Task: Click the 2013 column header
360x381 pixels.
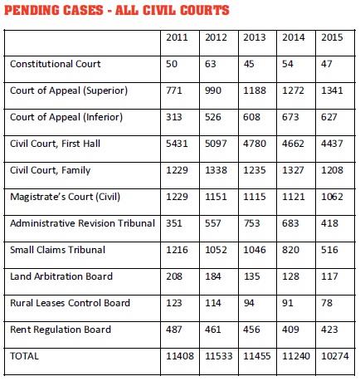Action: [255, 37]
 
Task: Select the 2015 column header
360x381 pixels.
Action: [332, 37]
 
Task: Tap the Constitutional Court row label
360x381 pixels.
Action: [56, 64]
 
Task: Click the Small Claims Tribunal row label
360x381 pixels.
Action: [58, 250]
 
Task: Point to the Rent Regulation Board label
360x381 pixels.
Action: [61, 330]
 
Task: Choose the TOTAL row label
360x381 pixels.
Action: [24, 356]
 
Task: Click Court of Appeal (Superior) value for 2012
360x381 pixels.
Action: [213, 90]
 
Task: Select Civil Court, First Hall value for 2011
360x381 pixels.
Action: [177, 144]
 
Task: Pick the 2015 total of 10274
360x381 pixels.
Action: [335, 356]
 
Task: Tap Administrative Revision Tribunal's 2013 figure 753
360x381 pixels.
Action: [251, 223]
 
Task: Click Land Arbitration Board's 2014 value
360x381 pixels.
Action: [290, 276]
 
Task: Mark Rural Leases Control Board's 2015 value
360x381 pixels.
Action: [327, 303]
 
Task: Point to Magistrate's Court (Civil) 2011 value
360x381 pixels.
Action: [177, 197]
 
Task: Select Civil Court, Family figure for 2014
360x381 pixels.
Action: [293, 170]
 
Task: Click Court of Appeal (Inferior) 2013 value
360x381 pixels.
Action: [252, 117]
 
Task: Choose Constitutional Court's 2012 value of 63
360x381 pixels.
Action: [211, 64]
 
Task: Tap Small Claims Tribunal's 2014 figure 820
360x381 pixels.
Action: [290, 250]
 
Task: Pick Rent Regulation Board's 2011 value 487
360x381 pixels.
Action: [174, 330]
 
